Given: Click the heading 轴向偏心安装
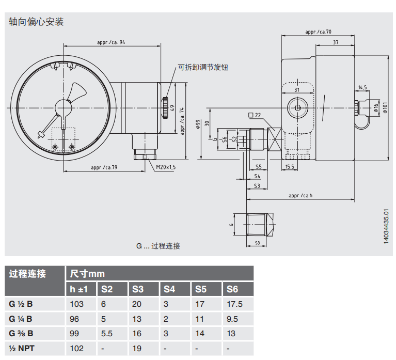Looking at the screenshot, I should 36,22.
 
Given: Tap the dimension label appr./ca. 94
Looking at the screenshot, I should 110,42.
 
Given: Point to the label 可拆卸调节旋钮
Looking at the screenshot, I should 202,67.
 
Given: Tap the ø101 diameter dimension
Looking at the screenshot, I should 384,107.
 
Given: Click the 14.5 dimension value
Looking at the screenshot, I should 362,88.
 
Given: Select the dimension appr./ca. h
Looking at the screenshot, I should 300,195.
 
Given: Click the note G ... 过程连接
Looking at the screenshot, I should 158,246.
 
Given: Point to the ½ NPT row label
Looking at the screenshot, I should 22,349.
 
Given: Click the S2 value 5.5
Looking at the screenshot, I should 106,334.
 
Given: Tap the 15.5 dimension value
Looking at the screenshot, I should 290,166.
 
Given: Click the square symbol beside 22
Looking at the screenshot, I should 251,115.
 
